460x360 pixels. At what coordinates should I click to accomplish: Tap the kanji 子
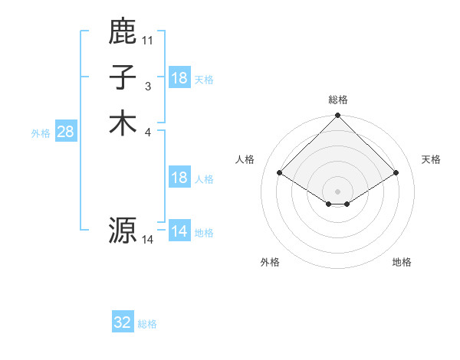click(123, 77)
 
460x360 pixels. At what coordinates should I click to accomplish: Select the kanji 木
click(123, 123)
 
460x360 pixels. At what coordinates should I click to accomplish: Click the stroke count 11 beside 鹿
click(148, 40)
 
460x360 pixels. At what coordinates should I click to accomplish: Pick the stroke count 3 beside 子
click(148, 87)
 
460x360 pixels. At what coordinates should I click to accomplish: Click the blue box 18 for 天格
click(179, 78)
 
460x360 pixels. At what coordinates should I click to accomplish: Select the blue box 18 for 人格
click(179, 178)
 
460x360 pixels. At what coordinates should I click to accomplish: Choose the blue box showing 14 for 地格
click(179, 231)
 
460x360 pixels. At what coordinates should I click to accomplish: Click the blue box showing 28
click(65, 132)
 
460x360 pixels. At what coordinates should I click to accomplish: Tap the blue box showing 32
click(123, 322)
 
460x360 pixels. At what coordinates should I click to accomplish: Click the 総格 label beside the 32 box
click(147, 324)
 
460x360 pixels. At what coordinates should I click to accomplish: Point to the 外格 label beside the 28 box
click(41, 133)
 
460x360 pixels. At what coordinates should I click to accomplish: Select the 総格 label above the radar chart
click(338, 100)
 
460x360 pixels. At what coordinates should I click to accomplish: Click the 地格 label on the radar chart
click(402, 262)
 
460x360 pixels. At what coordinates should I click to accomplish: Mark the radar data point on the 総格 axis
click(338, 116)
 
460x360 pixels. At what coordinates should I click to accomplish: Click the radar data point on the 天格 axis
click(396, 174)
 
